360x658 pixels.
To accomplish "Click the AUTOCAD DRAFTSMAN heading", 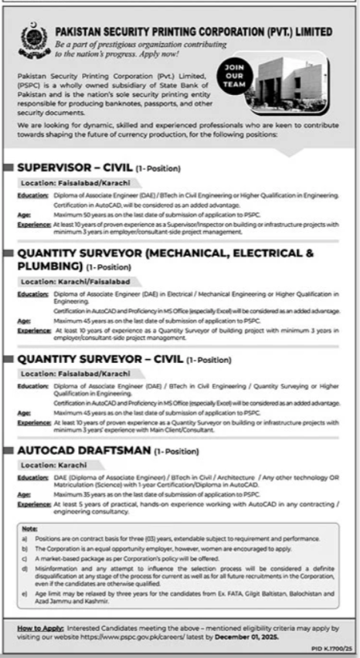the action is (x=80, y=449).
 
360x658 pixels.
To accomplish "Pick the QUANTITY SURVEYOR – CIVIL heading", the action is (x=100, y=358).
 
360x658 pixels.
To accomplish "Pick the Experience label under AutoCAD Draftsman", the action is (x=33, y=502).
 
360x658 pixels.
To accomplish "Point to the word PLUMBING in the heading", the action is (x=49, y=266).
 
